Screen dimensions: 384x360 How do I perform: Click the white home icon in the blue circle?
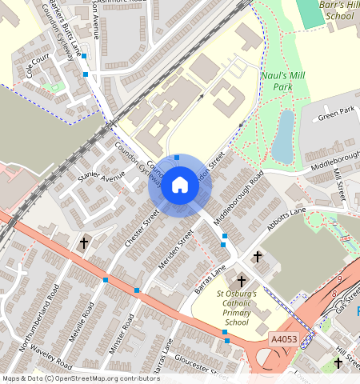[x=180, y=186]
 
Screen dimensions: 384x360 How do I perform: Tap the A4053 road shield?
[x=283, y=340]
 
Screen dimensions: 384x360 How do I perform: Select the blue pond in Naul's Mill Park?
[x=283, y=136]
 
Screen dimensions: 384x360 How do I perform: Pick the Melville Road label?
[x=83, y=319]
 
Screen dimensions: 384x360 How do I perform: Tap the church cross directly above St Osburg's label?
[x=242, y=282]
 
